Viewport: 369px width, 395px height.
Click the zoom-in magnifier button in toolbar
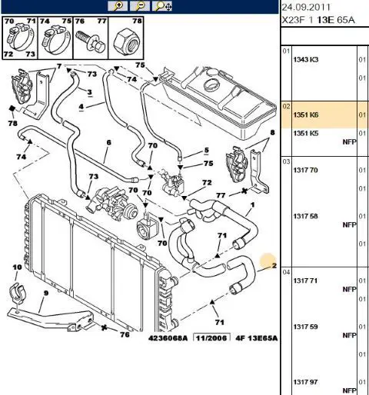(x=118, y=6)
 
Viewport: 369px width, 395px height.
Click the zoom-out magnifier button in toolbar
(x=140, y=6)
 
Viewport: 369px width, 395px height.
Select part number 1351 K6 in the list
(x=306, y=115)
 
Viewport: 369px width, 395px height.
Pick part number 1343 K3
(x=306, y=60)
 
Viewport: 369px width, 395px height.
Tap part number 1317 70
(x=305, y=170)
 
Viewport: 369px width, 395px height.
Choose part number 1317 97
(x=305, y=382)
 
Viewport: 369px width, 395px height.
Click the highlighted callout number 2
(x=274, y=265)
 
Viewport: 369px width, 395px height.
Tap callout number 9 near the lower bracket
(x=46, y=293)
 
